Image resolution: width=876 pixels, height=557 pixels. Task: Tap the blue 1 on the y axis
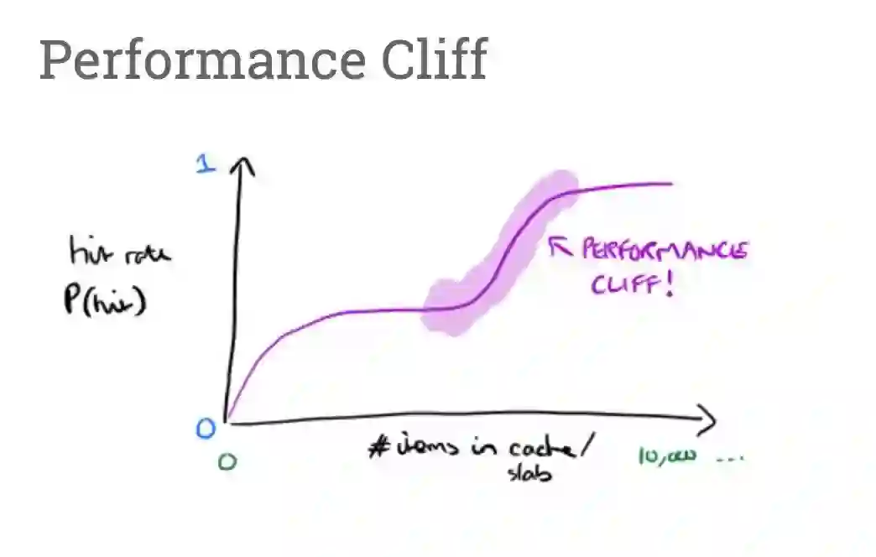tap(206, 164)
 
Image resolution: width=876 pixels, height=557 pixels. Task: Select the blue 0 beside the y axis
tap(206, 429)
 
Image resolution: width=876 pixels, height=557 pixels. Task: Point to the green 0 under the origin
tap(227, 461)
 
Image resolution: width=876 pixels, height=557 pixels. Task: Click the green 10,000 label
tap(667, 457)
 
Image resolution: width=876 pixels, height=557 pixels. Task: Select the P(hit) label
tap(105, 299)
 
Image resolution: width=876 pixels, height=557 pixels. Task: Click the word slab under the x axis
tap(529, 473)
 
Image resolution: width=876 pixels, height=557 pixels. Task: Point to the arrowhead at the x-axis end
tap(708, 420)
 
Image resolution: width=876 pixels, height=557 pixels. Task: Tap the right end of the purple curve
tap(670, 184)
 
